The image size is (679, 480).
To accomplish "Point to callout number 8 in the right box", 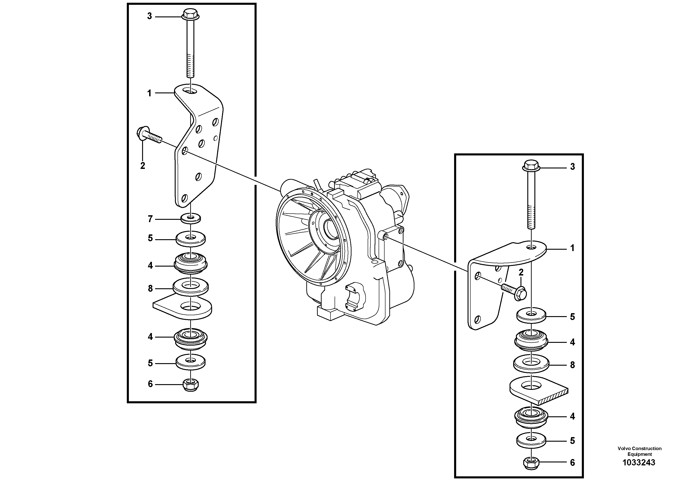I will pyautogui.click(x=572, y=365).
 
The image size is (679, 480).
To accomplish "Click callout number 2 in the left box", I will pyautogui.click(x=143, y=166).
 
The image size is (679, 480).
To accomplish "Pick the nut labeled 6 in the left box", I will pyautogui.click(x=191, y=385).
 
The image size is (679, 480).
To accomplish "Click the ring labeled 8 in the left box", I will pyautogui.click(x=191, y=286).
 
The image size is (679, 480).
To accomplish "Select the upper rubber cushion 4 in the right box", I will pyautogui.click(x=531, y=339).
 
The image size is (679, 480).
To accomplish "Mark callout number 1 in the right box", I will pyautogui.click(x=572, y=248).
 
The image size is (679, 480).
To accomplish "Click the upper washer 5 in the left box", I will pyautogui.click(x=191, y=239).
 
